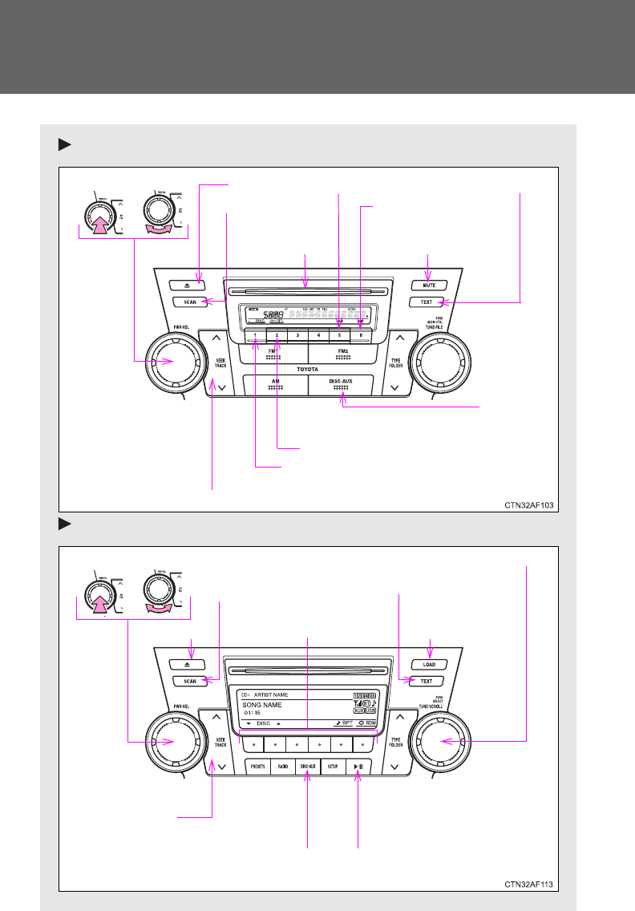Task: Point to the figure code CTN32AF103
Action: point(528,505)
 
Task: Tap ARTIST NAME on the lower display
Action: point(271,694)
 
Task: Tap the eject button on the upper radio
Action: point(190,285)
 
